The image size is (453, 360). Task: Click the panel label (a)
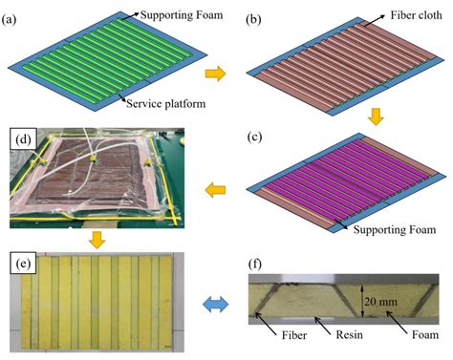point(12,13)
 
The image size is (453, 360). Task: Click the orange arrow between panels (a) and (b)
point(217,72)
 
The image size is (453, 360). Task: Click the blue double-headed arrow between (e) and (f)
point(220,301)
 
